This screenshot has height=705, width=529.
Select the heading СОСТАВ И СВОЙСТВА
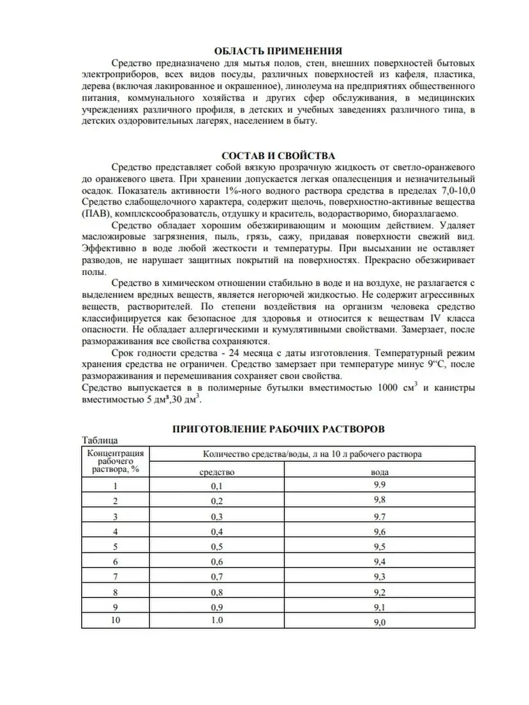278,156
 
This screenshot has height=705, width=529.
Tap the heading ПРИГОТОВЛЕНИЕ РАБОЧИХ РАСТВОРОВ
278,429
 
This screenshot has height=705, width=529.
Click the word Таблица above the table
100,440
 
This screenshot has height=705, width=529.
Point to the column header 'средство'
217,472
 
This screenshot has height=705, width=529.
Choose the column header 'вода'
379,472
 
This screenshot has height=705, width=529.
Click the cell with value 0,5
217,547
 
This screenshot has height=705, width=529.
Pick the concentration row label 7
116,578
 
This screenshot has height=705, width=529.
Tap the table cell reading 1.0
217,622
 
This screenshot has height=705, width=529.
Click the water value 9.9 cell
379,485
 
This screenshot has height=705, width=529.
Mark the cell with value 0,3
217,516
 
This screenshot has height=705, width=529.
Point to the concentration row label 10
116,622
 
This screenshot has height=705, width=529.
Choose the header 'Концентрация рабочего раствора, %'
116,461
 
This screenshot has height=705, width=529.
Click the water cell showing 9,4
379,562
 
